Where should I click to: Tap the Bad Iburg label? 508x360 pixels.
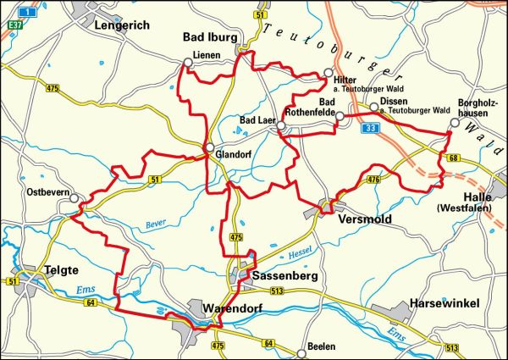pos(213,37)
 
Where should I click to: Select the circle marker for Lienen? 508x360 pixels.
pos(188,62)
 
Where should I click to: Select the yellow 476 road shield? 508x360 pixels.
pos(373,180)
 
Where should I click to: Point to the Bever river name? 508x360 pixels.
pos(155,223)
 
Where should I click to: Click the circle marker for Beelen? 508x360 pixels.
pos(301,352)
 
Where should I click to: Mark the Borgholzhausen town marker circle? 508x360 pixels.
pos(454,122)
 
